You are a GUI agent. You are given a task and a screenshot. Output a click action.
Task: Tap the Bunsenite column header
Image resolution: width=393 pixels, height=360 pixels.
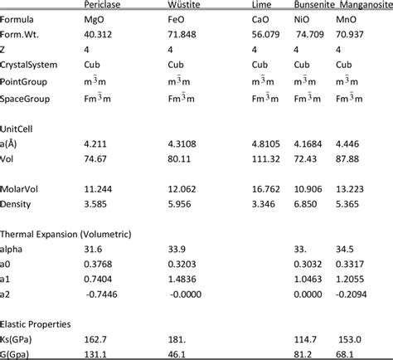pyautogui.click(x=314, y=5)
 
